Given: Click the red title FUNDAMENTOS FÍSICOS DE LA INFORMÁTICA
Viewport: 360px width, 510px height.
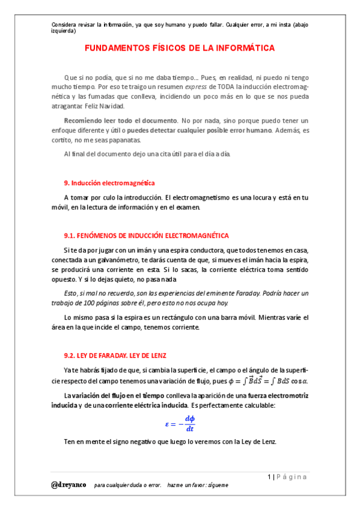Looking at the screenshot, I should (179, 48).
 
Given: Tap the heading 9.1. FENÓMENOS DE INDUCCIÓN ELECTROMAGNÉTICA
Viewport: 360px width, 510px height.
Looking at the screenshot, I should (146, 235).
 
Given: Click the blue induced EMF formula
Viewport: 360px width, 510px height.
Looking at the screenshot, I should (180, 423).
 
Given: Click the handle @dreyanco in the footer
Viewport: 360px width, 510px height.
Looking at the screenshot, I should (69, 484).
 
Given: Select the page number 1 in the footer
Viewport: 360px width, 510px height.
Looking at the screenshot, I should (270, 477).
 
